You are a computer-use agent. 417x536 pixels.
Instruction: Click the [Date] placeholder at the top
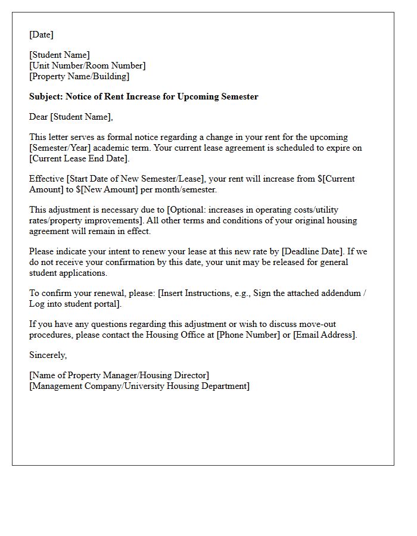(x=41, y=35)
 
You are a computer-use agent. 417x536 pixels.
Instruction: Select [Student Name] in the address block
(x=60, y=55)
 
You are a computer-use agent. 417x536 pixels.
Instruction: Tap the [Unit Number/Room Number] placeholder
(x=87, y=66)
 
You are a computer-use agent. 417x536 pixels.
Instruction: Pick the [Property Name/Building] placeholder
(x=79, y=76)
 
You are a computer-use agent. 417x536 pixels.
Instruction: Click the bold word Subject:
(x=46, y=96)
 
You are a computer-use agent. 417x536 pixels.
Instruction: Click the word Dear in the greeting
(x=39, y=117)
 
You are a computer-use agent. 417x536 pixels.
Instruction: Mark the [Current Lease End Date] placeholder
(x=79, y=158)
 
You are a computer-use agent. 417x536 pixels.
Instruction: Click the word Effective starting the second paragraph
(x=46, y=179)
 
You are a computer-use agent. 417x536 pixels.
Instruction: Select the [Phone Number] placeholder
(x=248, y=335)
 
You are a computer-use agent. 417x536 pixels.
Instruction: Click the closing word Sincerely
(x=48, y=355)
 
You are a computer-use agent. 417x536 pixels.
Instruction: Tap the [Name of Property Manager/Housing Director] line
(x=119, y=375)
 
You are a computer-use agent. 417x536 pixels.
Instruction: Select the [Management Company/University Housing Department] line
(x=139, y=386)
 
